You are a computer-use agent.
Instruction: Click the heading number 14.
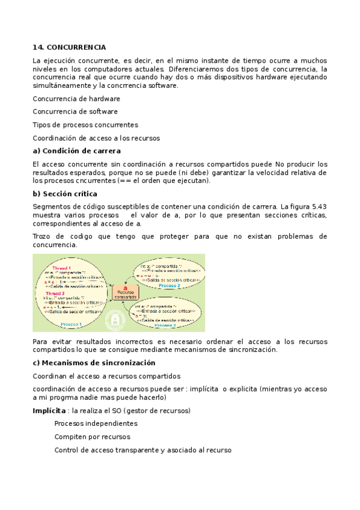[x=38, y=47]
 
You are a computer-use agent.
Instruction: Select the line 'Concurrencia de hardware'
[x=76, y=99]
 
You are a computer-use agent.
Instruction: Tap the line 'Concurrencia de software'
[x=75, y=111]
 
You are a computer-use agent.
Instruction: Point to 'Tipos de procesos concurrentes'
[x=85, y=124]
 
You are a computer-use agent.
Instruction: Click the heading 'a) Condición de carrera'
[x=77, y=151]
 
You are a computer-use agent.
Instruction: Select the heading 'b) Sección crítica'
[x=65, y=194]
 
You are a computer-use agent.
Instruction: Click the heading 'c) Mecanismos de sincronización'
[x=94, y=363]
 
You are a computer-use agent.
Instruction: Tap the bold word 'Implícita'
[x=49, y=410]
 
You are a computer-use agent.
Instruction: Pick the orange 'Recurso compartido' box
[x=126, y=292]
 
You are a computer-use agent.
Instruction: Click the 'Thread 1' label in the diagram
[x=61, y=268]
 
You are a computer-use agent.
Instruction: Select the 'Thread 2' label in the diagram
[x=63, y=293]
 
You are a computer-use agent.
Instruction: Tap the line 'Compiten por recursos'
[x=92, y=437]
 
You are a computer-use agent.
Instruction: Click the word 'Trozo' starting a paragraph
[x=43, y=236]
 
